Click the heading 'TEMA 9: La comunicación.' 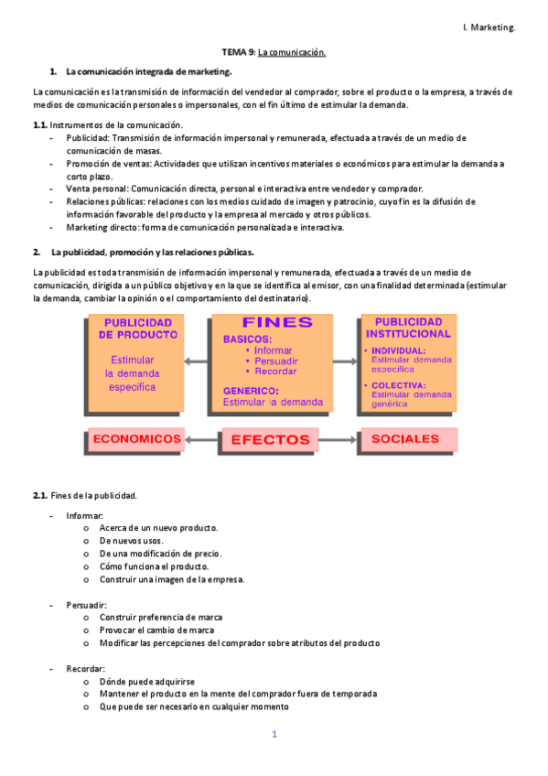274,53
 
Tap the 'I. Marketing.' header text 489,27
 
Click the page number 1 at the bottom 274,735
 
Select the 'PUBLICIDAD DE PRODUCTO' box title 136,329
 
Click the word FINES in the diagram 276,323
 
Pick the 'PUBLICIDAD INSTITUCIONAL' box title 407,328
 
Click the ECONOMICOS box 136,439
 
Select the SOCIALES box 405,439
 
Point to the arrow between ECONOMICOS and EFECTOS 203,440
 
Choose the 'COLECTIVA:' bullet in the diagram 397,385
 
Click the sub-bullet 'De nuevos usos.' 132,541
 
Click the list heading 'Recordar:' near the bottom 85,668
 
